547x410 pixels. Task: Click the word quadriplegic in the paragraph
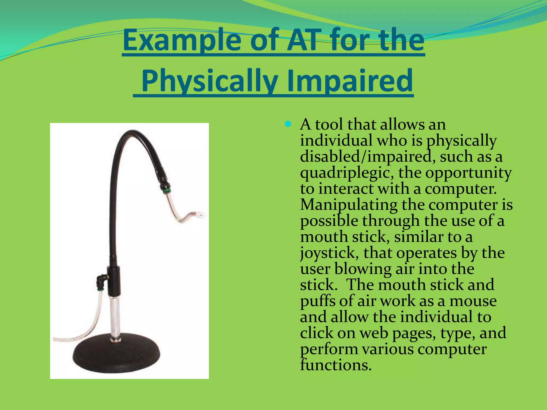pyautogui.click(x=347, y=173)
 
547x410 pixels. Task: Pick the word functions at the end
pyautogui.click(x=336, y=365)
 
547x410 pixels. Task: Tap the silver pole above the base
pyautogui.click(x=115, y=315)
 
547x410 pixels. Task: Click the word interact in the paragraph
pyautogui.click(x=346, y=189)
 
